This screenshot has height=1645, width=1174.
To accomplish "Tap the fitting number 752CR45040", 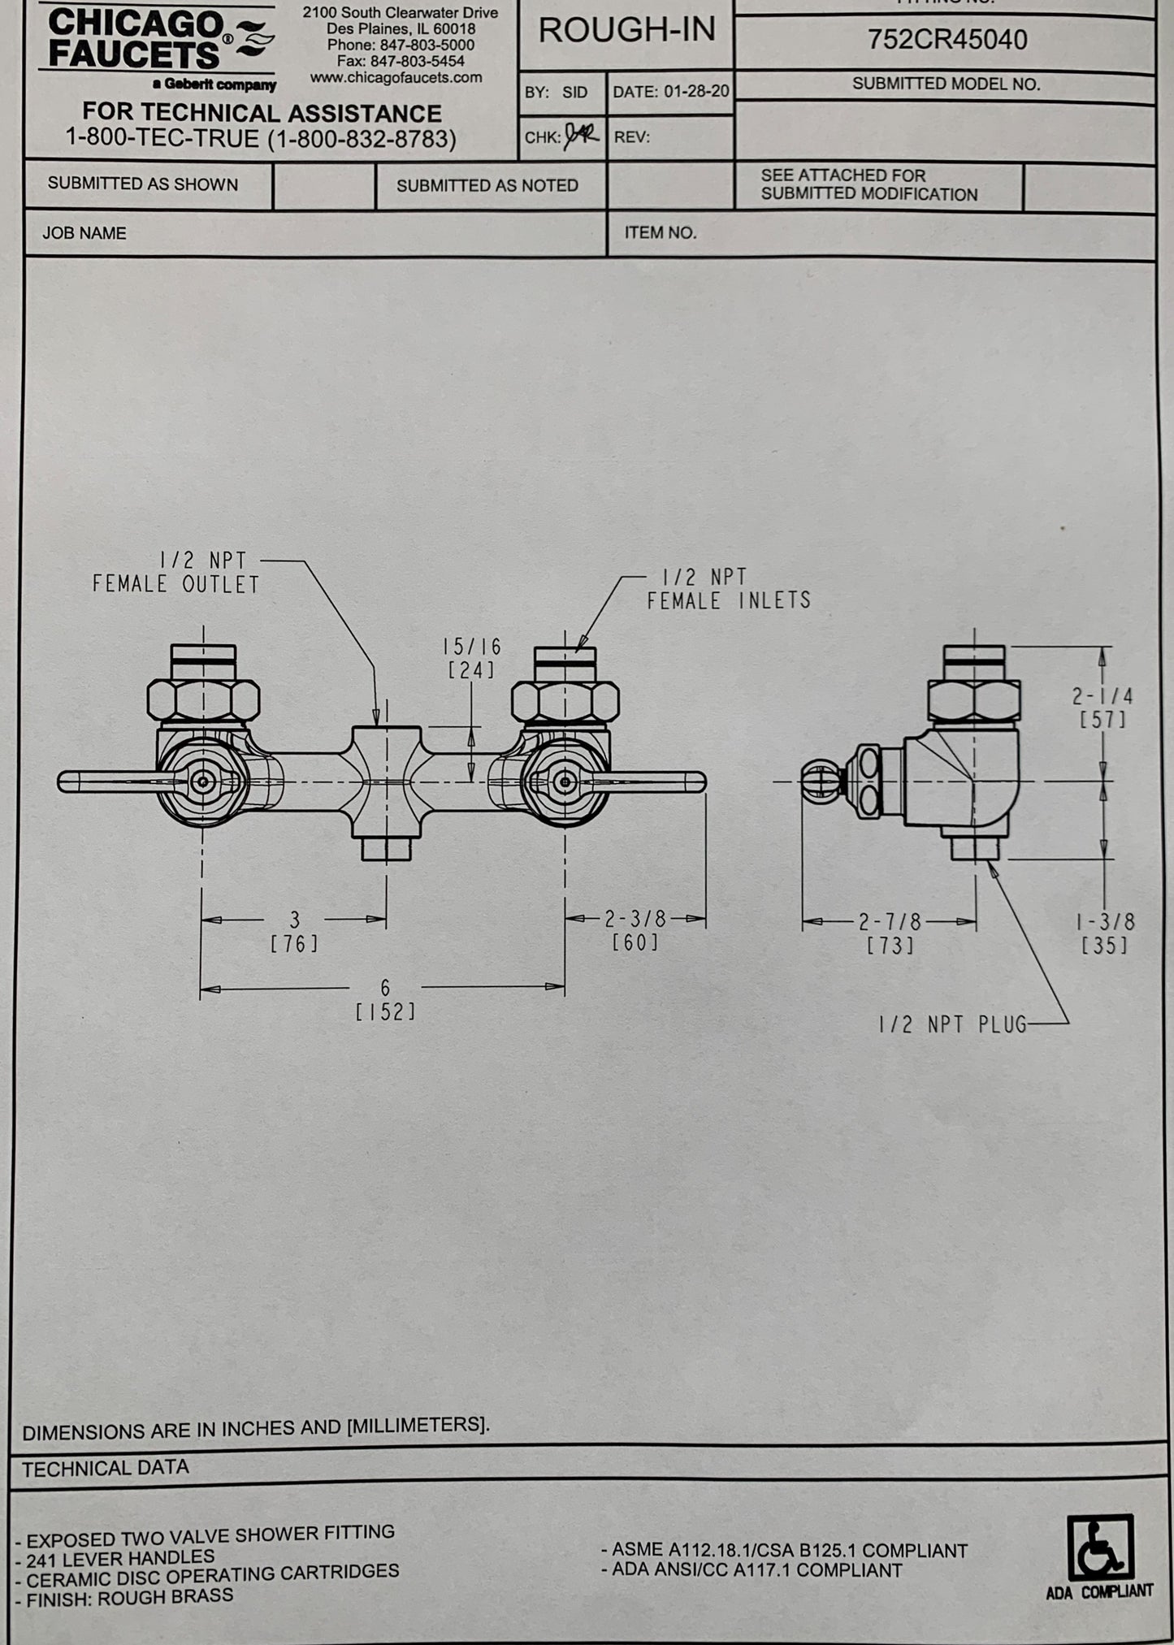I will pos(947,39).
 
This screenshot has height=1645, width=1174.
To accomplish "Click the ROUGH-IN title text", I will pos(626,31).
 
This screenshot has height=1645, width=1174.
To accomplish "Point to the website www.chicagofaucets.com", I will pos(396,78).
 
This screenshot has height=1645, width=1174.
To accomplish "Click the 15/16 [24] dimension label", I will pos(471,658).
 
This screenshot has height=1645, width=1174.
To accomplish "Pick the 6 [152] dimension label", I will pos(385,999).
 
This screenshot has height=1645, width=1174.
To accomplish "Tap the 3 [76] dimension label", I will pos(294,931).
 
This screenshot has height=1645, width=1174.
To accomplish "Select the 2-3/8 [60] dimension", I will pos(635,929).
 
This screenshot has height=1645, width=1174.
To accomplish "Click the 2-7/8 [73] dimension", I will pos(890,933).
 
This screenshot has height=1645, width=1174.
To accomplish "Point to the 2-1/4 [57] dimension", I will pos(1102,708).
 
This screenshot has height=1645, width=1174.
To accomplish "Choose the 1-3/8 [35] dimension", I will pos(1105,933).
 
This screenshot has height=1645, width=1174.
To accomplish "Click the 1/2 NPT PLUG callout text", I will pos(952,1024).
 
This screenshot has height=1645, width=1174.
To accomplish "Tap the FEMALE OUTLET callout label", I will pos(175,584).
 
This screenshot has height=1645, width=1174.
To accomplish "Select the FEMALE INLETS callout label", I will pos(729,600).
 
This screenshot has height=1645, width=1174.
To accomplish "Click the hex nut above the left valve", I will pos(203,699).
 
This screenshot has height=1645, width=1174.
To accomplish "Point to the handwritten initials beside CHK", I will pos(582,134).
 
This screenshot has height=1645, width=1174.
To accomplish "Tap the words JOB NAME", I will pos(84,233).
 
